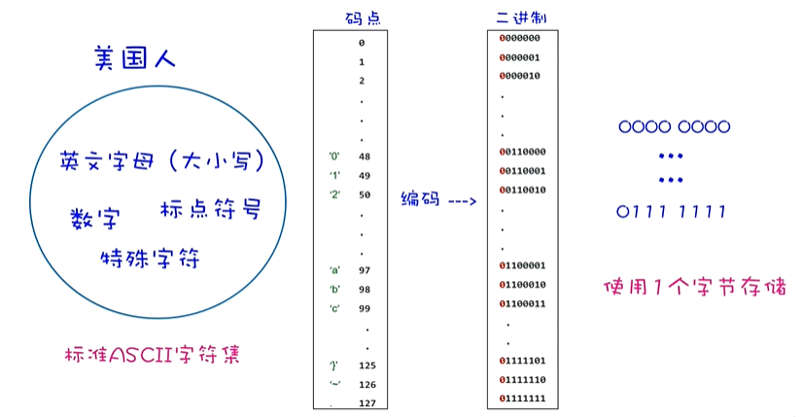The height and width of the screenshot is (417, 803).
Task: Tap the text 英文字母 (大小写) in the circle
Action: point(161,159)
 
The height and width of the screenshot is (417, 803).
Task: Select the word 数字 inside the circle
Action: point(93,219)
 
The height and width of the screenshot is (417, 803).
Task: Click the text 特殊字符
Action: point(150,259)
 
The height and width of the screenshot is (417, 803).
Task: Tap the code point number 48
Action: point(365,156)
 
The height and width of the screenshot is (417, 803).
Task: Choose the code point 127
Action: point(367,402)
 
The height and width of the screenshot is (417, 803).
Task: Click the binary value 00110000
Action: point(522,152)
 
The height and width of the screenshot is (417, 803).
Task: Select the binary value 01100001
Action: point(522,265)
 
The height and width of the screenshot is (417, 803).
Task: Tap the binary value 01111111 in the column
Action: point(522,399)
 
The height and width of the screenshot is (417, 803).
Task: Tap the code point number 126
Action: point(367,384)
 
